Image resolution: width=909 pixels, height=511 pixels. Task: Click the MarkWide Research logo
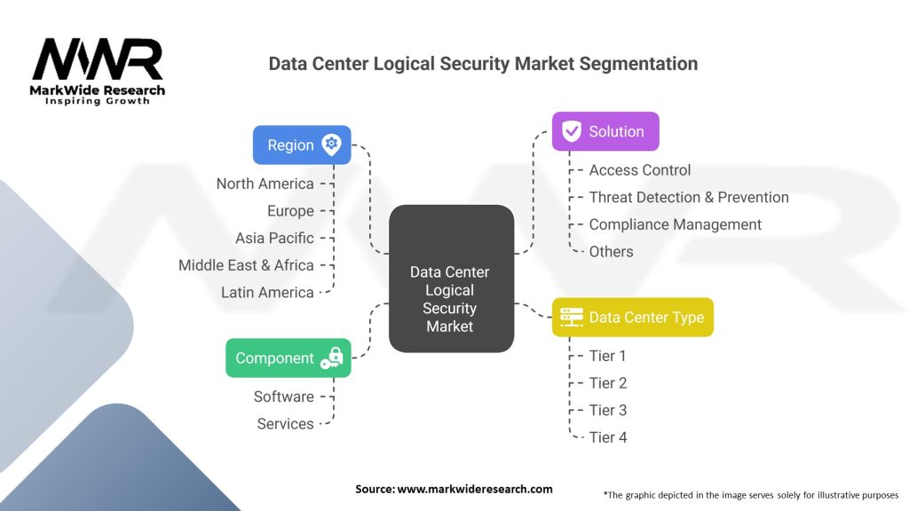99,70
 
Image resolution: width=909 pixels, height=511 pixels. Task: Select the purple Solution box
605,131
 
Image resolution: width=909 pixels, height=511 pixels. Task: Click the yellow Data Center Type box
632,317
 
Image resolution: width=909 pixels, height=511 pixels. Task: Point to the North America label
265,184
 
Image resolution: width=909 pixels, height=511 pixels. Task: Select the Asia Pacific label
274,238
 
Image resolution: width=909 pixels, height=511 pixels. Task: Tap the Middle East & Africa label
246,265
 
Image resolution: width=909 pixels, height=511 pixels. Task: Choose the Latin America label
267,292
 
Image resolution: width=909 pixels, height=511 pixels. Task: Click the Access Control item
639,170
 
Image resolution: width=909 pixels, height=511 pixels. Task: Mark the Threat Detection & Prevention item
688,197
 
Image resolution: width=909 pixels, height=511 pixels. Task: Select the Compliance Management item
675,224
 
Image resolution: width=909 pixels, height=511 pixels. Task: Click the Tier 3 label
607,410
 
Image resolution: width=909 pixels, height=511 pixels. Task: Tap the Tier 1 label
607,356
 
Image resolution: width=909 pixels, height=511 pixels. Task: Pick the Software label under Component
283,397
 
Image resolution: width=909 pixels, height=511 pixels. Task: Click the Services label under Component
285,424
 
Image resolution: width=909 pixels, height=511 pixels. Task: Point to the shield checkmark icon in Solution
571,131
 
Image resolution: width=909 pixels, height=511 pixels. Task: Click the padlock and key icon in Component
331,358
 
